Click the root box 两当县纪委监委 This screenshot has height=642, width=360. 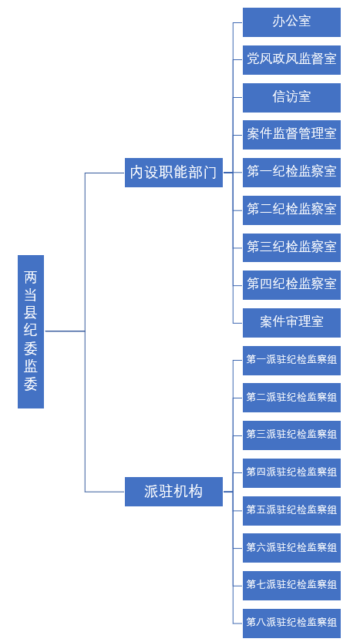[31, 331]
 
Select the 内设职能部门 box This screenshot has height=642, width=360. [173, 173]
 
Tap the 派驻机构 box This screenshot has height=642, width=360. [173, 492]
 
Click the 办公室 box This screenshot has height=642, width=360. [291, 22]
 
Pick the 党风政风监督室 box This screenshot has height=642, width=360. [291, 60]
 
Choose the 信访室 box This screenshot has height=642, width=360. [291, 97]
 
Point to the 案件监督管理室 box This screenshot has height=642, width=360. [291, 135]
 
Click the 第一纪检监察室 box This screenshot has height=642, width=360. [291, 173]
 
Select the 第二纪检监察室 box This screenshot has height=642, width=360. [291, 210]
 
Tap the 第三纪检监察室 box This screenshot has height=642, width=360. [291, 247]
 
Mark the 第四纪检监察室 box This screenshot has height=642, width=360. [291, 285]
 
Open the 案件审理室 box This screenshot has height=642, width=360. [291, 323]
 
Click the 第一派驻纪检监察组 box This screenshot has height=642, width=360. [291, 361]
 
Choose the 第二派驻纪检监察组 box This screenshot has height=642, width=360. [291, 398]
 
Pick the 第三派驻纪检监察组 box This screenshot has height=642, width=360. [291, 435]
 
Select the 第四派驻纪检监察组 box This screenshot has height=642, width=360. [291, 473]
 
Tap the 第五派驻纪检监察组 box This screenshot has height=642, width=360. [291, 510]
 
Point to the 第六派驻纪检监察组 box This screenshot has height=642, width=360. [291, 548]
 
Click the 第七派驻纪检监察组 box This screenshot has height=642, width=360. [291, 586]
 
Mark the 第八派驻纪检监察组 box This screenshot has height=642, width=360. [291, 624]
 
